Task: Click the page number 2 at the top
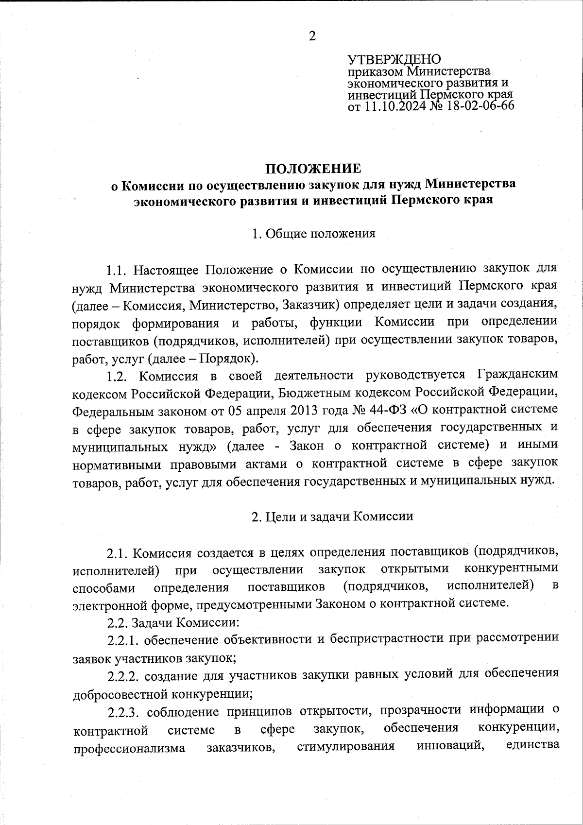(x=312, y=36)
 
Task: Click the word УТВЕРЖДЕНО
(x=394, y=60)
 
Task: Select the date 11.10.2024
(x=394, y=106)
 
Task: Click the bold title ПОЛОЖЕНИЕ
(x=313, y=169)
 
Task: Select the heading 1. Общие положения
(x=313, y=234)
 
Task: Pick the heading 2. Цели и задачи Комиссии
(x=332, y=516)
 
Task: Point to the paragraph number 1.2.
(x=117, y=376)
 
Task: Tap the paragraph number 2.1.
(x=117, y=553)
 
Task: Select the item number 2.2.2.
(x=123, y=675)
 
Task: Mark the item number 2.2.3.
(x=123, y=710)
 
